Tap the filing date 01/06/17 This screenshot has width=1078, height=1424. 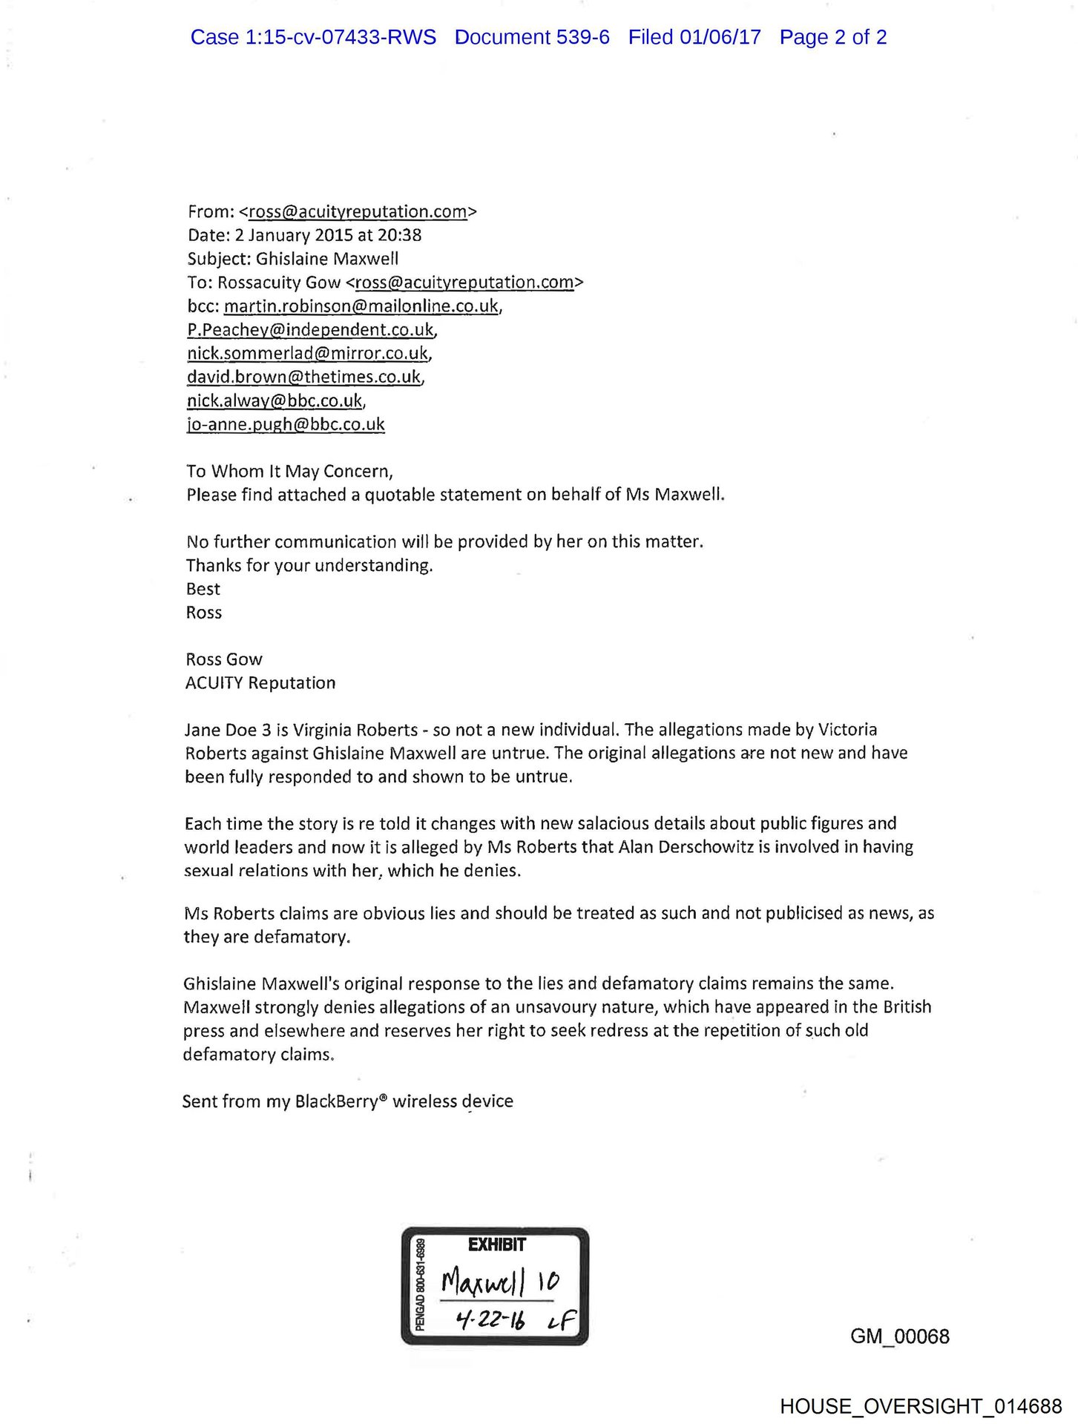[x=720, y=37]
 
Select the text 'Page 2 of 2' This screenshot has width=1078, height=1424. [x=832, y=37]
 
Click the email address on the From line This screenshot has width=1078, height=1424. [x=358, y=211]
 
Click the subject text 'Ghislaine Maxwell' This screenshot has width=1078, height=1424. [x=327, y=259]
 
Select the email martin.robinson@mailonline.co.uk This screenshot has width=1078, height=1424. [x=361, y=306]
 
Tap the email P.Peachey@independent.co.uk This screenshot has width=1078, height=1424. [x=310, y=329]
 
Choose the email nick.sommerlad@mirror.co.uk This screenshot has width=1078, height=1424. [x=307, y=353]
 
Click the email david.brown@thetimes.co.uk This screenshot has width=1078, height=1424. [x=303, y=377]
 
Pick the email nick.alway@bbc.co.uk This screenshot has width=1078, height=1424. [x=275, y=400]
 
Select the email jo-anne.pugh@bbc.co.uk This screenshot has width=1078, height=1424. [x=286, y=424]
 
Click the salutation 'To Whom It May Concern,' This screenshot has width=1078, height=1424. [x=289, y=471]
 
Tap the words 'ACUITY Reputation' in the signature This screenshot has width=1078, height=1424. [x=260, y=682]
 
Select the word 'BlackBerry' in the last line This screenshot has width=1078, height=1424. [x=336, y=1101]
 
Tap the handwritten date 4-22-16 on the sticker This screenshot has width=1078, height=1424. [x=490, y=1319]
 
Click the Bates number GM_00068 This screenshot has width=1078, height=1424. [x=899, y=1336]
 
